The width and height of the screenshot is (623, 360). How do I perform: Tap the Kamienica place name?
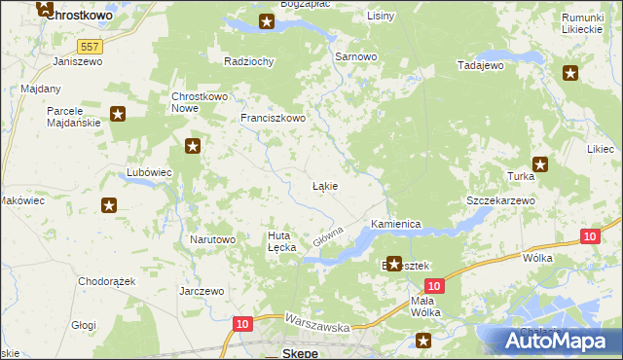click(395, 224)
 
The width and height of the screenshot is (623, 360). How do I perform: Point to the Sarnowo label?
click(355, 57)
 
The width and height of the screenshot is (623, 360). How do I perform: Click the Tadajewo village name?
click(480, 65)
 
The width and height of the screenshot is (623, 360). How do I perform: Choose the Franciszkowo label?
click(274, 119)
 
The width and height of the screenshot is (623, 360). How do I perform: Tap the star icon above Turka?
click(539, 164)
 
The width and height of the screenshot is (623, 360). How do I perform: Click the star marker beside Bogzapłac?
click(267, 21)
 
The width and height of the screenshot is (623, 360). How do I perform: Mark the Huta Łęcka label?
click(281, 241)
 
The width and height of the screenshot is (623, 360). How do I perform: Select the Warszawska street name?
click(316, 323)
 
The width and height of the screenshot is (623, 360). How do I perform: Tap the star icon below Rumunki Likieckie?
click(570, 73)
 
